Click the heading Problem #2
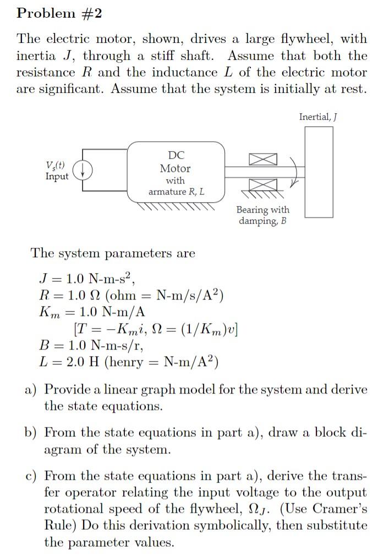click(x=59, y=14)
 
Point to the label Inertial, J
click(x=317, y=116)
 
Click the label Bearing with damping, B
click(x=262, y=215)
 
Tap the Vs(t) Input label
click(x=57, y=171)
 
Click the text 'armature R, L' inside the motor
click(x=176, y=191)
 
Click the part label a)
click(x=31, y=390)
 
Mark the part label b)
click(x=31, y=432)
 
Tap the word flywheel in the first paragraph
click(x=304, y=39)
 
